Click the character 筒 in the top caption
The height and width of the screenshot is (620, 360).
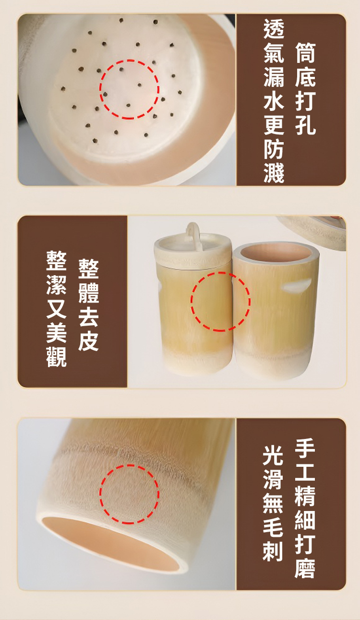(305, 53)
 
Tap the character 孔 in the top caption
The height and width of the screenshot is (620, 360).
(305, 125)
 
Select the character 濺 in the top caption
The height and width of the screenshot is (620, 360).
(274, 173)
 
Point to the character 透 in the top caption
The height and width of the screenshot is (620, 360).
(274, 28)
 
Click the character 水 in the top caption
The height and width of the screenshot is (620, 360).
(274, 101)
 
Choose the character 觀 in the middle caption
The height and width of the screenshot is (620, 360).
(57, 357)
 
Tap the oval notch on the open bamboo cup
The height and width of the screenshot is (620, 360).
(296, 285)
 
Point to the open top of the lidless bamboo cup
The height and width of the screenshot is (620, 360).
(276, 254)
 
